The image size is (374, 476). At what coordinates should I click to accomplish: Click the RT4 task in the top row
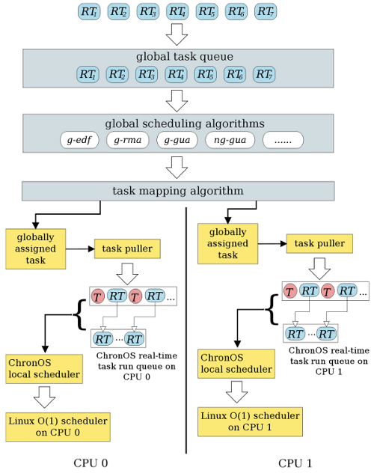pyautogui.click(x=177, y=11)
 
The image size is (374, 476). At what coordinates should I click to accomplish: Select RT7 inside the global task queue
pyautogui.click(x=264, y=74)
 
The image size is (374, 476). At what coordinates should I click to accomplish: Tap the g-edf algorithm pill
pyautogui.click(x=79, y=140)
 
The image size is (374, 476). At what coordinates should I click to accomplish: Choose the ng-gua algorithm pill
pyautogui.click(x=230, y=140)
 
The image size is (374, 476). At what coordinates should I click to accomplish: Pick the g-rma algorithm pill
pyautogui.click(x=128, y=140)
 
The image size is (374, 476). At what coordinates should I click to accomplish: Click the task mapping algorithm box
pyautogui.click(x=178, y=191)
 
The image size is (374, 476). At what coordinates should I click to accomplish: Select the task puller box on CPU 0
pyautogui.click(x=127, y=248)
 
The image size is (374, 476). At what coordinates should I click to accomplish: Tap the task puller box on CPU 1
pyautogui.click(x=319, y=243)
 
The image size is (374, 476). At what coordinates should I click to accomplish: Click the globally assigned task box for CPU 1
pyautogui.click(x=228, y=243)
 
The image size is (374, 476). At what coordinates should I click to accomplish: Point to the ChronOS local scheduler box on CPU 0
pyautogui.click(x=44, y=369)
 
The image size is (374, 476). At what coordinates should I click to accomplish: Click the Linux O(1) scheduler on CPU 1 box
pyautogui.click(x=250, y=421)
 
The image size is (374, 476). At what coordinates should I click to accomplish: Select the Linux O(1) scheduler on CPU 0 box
pyautogui.click(x=58, y=427)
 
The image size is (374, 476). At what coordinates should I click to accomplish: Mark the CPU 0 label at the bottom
pyautogui.click(x=91, y=463)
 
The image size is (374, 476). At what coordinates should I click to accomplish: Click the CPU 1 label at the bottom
pyautogui.click(x=295, y=463)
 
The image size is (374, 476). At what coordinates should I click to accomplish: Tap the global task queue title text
pyautogui.click(x=185, y=57)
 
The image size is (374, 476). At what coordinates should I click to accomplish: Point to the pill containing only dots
pyautogui.click(x=283, y=140)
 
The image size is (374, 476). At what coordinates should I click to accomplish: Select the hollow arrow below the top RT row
pyautogui.click(x=177, y=34)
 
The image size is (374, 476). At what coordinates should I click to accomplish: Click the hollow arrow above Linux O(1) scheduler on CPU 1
pyautogui.click(x=236, y=392)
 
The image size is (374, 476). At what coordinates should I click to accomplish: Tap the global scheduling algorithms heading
pyautogui.click(x=185, y=123)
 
